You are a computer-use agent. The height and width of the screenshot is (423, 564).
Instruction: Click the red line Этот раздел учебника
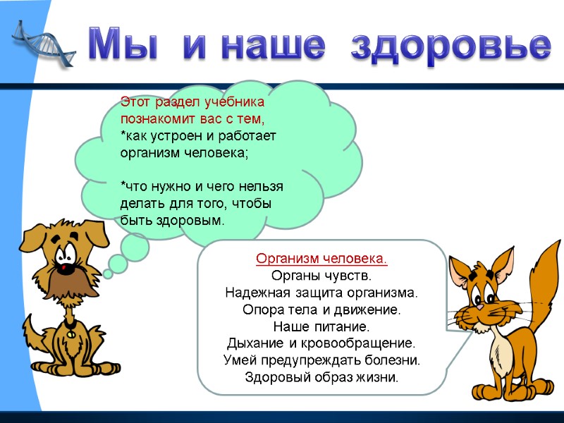(x=192, y=102)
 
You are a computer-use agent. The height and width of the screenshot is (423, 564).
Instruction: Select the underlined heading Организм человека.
(x=321, y=259)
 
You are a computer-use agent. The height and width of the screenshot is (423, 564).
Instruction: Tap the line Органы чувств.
(x=321, y=276)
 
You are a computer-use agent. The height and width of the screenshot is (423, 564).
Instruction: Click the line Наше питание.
(x=321, y=327)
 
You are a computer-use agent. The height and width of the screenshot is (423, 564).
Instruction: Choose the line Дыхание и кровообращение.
(x=321, y=344)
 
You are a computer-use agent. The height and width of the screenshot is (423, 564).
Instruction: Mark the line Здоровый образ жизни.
(x=321, y=377)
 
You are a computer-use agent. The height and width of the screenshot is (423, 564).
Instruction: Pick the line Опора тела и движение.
(x=321, y=310)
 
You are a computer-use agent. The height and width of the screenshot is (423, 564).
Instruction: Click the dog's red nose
(x=65, y=268)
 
